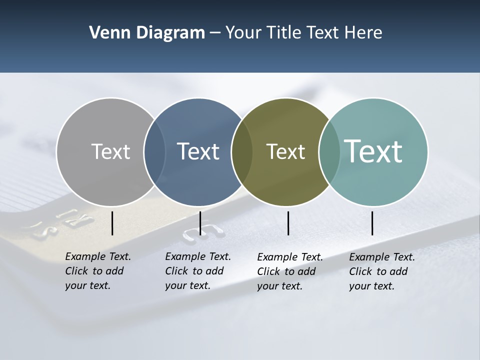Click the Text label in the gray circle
tap(110, 151)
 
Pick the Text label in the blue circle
tap(198, 151)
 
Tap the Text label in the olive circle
tap(285, 151)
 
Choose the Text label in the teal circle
tap(373, 151)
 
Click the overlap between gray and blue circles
tap(154, 151)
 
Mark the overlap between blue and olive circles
tap(241, 151)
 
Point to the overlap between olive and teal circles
tap(328, 151)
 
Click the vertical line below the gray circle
tap(112, 223)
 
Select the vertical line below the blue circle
tap(200, 223)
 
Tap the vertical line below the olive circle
tap(288, 223)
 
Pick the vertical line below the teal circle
tap(372, 223)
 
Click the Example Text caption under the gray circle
tap(98, 271)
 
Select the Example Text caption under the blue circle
tap(198, 271)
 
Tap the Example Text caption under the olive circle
tap(290, 271)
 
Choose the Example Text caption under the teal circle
tap(382, 271)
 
